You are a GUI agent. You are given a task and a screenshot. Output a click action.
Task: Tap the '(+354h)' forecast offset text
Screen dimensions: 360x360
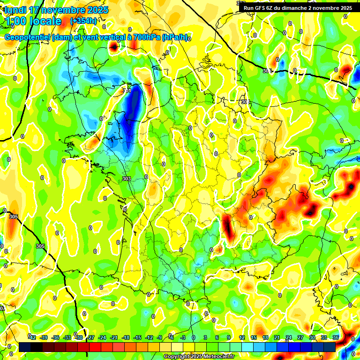83,21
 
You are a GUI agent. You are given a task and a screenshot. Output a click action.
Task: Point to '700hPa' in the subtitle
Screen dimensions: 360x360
146,37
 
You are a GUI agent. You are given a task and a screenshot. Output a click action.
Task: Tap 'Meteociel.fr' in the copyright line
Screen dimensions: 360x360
217,357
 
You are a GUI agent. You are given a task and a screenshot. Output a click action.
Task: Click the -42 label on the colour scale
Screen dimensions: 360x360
32,337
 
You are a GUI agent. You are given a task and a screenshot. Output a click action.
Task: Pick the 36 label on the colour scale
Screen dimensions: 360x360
336,337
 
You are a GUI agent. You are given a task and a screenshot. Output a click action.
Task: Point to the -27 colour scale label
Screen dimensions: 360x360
90,337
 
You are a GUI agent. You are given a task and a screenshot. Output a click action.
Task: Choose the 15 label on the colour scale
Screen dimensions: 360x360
254,337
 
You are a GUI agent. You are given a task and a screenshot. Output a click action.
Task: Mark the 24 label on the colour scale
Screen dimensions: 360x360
289,337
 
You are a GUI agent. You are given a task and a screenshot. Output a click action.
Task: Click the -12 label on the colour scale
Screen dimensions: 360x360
149,337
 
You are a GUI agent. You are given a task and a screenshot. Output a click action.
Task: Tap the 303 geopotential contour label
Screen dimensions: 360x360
126,179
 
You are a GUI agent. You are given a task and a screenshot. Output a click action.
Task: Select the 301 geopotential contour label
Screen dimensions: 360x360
127,90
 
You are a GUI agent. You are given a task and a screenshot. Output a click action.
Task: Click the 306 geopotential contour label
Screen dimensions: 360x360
267,71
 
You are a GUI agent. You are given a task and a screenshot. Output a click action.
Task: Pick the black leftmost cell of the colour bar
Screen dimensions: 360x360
25,347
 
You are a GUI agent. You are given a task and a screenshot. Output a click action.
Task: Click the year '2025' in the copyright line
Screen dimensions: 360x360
191,357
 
